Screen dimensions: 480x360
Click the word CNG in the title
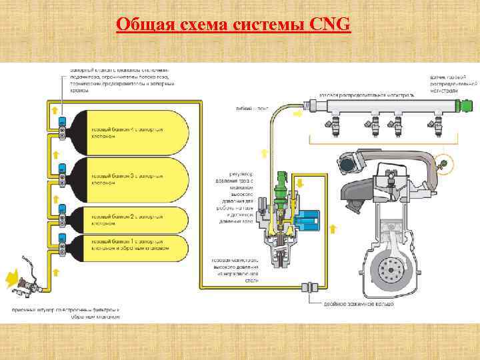click(330, 25)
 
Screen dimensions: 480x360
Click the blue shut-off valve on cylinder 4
click(63, 121)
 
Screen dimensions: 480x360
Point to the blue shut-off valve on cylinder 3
click(63, 167)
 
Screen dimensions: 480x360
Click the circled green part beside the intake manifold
click(444, 161)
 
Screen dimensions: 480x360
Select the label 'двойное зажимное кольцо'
click(359, 304)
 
